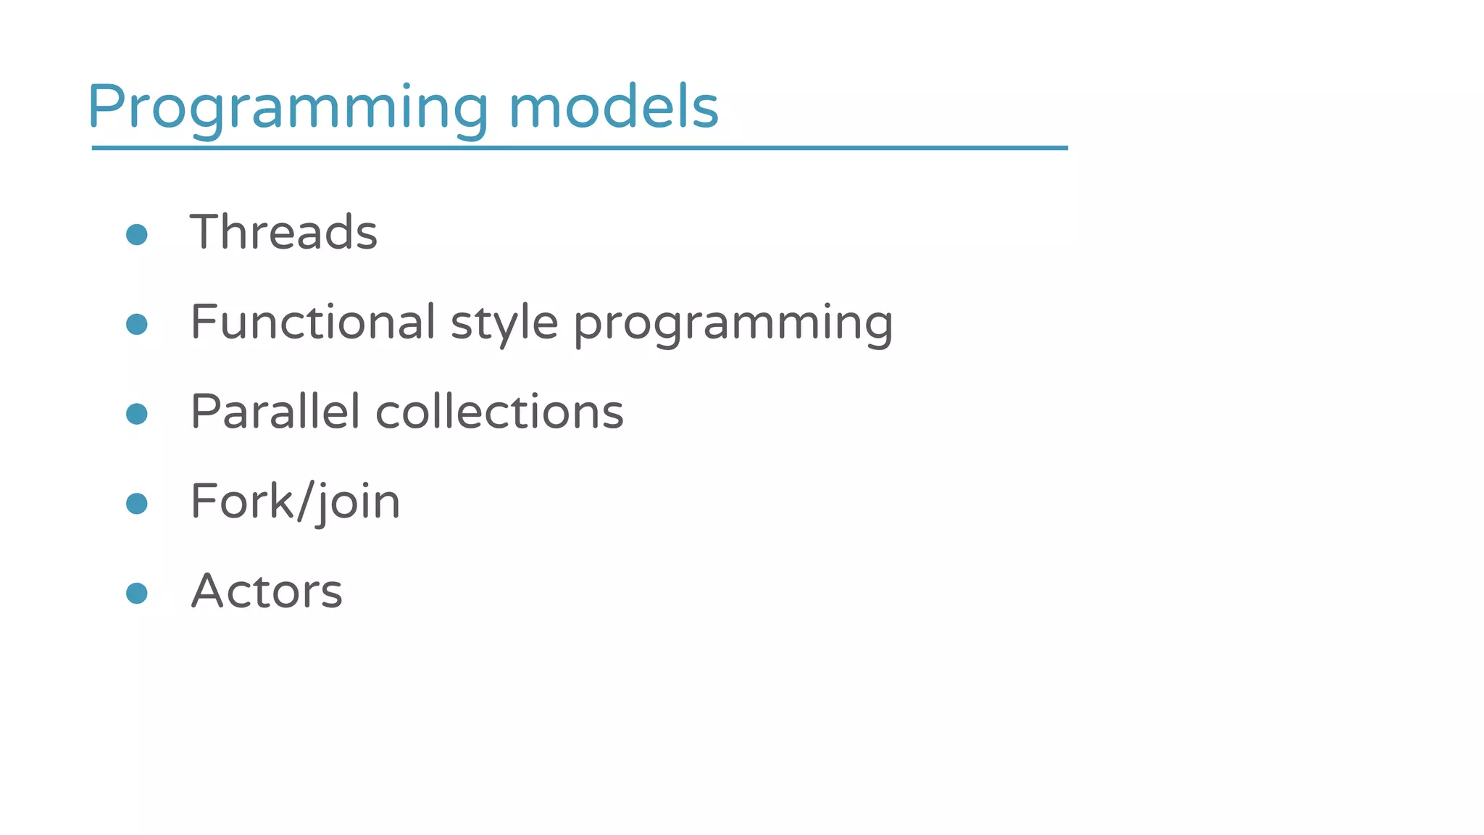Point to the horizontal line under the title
[580, 148]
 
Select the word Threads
[283, 232]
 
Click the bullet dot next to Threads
[137, 234]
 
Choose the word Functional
[313, 322]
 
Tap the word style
[504, 323]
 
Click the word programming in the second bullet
[733, 323]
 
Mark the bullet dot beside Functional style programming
[137, 324]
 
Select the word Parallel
[275, 412]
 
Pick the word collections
[499, 412]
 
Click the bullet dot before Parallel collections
[137, 414]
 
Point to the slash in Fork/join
[307, 501]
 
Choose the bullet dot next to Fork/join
[137, 503]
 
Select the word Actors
[267, 591]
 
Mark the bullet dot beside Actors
[137, 593]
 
